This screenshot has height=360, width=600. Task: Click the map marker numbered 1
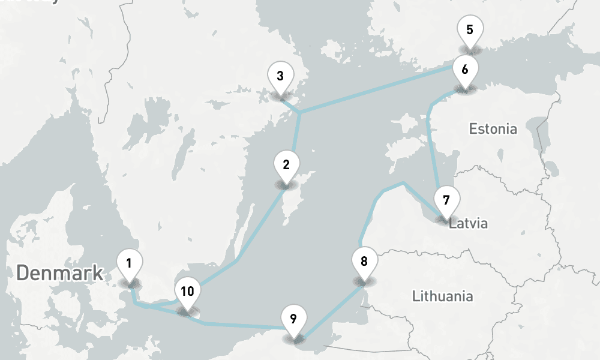tap(130, 263)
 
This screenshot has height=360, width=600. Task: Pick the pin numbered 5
tap(469, 29)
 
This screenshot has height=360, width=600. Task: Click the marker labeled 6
tap(465, 69)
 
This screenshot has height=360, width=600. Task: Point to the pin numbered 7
tap(446, 199)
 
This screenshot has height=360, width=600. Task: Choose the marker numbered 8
tap(364, 261)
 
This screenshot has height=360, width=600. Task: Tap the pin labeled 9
tap(293, 319)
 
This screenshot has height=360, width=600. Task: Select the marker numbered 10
tap(187, 292)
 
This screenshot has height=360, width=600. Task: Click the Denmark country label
tap(59, 273)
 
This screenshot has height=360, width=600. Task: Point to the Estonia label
tap(493, 128)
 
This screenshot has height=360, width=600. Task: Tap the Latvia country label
tap(469, 224)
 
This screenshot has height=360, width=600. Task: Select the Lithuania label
tap(443, 296)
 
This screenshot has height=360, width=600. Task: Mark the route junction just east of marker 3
tap(299, 112)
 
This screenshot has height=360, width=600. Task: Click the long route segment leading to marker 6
tap(378, 90)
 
